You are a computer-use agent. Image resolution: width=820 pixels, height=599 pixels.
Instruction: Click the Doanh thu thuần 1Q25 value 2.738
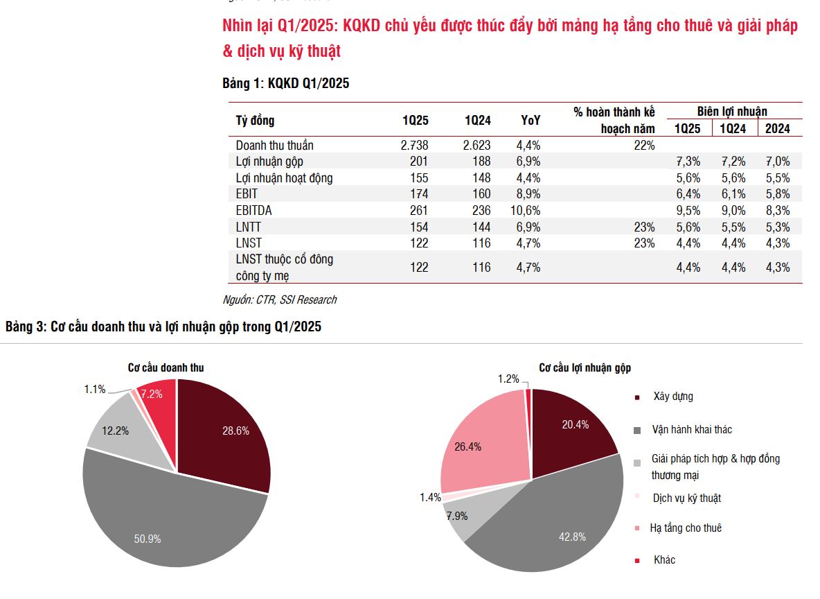[x=414, y=146]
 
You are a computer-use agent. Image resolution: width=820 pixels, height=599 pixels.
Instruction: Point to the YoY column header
[x=531, y=121]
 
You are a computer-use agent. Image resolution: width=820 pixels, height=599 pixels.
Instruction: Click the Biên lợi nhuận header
[x=732, y=112]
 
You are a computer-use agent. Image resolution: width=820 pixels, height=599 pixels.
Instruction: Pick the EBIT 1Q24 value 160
[x=478, y=194]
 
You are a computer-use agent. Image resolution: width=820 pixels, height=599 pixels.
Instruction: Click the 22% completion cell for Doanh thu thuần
[x=643, y=146]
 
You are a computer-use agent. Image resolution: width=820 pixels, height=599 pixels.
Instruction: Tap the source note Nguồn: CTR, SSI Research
[x=280, y=300]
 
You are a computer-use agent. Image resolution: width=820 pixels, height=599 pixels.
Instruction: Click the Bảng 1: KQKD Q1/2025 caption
[x=285, y=84]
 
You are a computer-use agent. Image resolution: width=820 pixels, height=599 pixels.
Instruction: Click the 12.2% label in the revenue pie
[x=115, y=431]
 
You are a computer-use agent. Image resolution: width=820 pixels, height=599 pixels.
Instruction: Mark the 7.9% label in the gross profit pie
[x=457, y=516]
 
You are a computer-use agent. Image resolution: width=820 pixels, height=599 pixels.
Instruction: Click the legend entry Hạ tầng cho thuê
[x=685, y=528]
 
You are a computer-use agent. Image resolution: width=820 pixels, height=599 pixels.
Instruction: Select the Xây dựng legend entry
[x=672, y=397]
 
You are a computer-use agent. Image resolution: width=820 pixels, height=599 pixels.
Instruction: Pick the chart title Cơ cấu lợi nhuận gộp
[x=585, y=368]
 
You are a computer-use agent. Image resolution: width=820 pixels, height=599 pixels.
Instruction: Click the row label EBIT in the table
[x=247, y=194]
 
